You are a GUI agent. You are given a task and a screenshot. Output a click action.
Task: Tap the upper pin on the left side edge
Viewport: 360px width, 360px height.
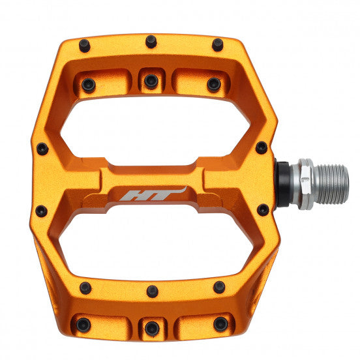click(42, 149)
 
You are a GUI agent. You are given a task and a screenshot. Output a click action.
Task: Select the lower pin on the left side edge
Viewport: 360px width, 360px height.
click(41, 211)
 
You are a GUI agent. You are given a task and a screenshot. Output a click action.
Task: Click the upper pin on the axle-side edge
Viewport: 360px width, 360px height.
click(261, 148)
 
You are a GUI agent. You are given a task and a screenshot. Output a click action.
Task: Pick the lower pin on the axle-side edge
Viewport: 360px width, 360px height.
click(263, 210)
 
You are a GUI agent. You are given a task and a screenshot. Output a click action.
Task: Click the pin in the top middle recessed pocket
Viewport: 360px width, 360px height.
click(151, 82)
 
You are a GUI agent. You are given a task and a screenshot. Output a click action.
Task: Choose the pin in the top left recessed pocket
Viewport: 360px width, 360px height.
click(89, 84)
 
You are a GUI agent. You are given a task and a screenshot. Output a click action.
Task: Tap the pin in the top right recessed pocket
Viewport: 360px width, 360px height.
click(213, 84)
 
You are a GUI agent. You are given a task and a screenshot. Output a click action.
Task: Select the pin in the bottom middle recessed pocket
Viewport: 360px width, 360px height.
click(151, 327)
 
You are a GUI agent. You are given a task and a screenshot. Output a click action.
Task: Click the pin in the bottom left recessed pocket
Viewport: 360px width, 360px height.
click(83, 324)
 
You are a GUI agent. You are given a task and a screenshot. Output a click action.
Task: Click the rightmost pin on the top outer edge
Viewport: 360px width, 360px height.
click(217, 45)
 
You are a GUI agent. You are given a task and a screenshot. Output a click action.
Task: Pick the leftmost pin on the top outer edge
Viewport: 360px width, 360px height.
click(85, 45)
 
